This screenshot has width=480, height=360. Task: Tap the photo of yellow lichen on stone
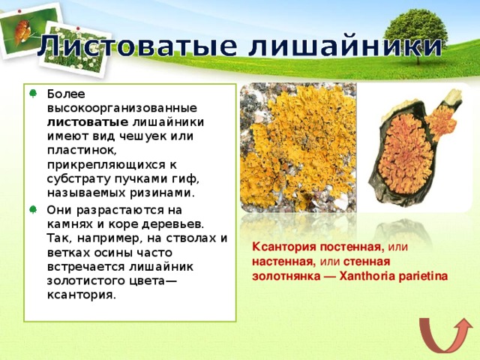[x=297, y=148]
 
